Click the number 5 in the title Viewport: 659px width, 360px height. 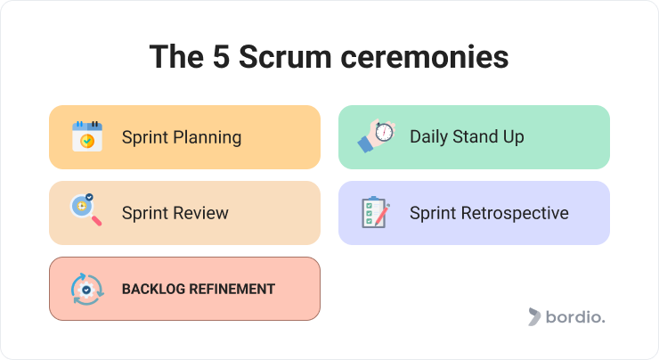221,57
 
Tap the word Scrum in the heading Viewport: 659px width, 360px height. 285,57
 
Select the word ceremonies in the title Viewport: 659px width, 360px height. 425,57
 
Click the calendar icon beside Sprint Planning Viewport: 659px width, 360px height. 87,136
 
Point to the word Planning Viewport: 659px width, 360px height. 207,137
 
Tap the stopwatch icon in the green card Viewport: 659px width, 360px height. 377,135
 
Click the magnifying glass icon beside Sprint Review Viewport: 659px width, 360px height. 86,209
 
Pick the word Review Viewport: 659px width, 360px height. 201,213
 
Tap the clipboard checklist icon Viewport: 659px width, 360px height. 375,212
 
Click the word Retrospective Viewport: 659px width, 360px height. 515,213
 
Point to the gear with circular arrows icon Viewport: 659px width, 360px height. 87,289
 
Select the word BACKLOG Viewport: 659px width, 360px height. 153,289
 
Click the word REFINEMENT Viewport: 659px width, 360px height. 232,289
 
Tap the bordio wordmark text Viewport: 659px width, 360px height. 575,316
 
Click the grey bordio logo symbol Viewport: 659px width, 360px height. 534,316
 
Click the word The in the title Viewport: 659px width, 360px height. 176,57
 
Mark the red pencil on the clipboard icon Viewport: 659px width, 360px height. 382,215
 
